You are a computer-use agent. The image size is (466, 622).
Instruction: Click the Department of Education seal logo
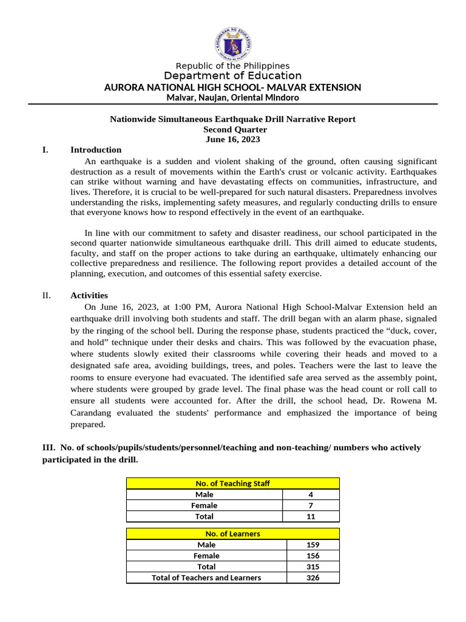232,42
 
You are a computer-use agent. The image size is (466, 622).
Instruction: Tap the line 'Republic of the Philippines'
232,66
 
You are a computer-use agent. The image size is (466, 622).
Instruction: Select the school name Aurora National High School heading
232,87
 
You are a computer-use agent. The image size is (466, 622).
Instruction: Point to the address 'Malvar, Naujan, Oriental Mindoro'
232,98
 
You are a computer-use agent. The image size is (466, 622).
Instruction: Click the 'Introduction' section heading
96,150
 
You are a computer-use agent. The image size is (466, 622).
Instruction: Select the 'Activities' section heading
89,296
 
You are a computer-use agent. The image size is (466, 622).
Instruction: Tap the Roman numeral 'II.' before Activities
47,296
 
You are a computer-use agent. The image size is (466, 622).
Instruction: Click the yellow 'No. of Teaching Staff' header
232,484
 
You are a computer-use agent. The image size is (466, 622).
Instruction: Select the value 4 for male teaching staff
311,495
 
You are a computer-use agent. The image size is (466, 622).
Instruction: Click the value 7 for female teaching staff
311,505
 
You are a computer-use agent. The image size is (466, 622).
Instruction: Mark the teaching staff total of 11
311,516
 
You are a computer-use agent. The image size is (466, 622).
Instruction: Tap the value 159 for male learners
312,545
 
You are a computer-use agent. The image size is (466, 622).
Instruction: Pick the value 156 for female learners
312,556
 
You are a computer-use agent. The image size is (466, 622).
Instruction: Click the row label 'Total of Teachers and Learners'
206,578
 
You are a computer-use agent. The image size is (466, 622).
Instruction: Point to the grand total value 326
312,578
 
